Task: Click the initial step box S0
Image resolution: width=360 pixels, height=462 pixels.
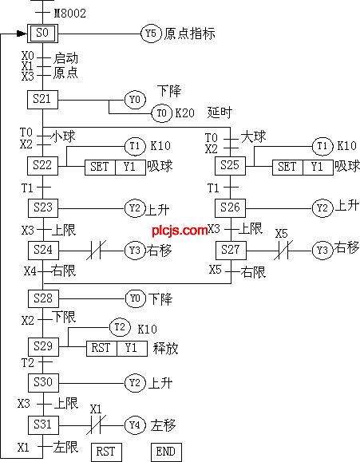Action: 43,34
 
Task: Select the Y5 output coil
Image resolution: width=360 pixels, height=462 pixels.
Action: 151,34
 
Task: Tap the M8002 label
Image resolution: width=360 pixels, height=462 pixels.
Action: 70,14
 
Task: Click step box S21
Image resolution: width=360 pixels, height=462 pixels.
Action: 43,100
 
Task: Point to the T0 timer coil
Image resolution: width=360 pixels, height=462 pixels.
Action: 161,113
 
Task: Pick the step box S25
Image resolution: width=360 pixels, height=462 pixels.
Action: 230,166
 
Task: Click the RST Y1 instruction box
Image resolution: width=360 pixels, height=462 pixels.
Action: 117,349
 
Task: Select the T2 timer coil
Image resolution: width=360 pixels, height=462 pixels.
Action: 120,327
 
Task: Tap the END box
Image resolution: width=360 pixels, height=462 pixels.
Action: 166,452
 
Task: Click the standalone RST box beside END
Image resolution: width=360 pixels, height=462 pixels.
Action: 106,452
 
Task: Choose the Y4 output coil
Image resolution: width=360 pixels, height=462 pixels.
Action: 135,425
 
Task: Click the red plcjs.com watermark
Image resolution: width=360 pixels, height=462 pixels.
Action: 180,230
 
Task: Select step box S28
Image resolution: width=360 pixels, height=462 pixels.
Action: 43,298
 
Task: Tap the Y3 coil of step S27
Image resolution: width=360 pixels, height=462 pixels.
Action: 322,251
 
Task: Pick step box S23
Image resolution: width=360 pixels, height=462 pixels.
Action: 43,208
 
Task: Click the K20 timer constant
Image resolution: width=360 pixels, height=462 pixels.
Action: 185,113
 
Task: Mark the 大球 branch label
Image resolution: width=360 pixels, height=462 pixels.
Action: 254,136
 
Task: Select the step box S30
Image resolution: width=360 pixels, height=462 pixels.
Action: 43,383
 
